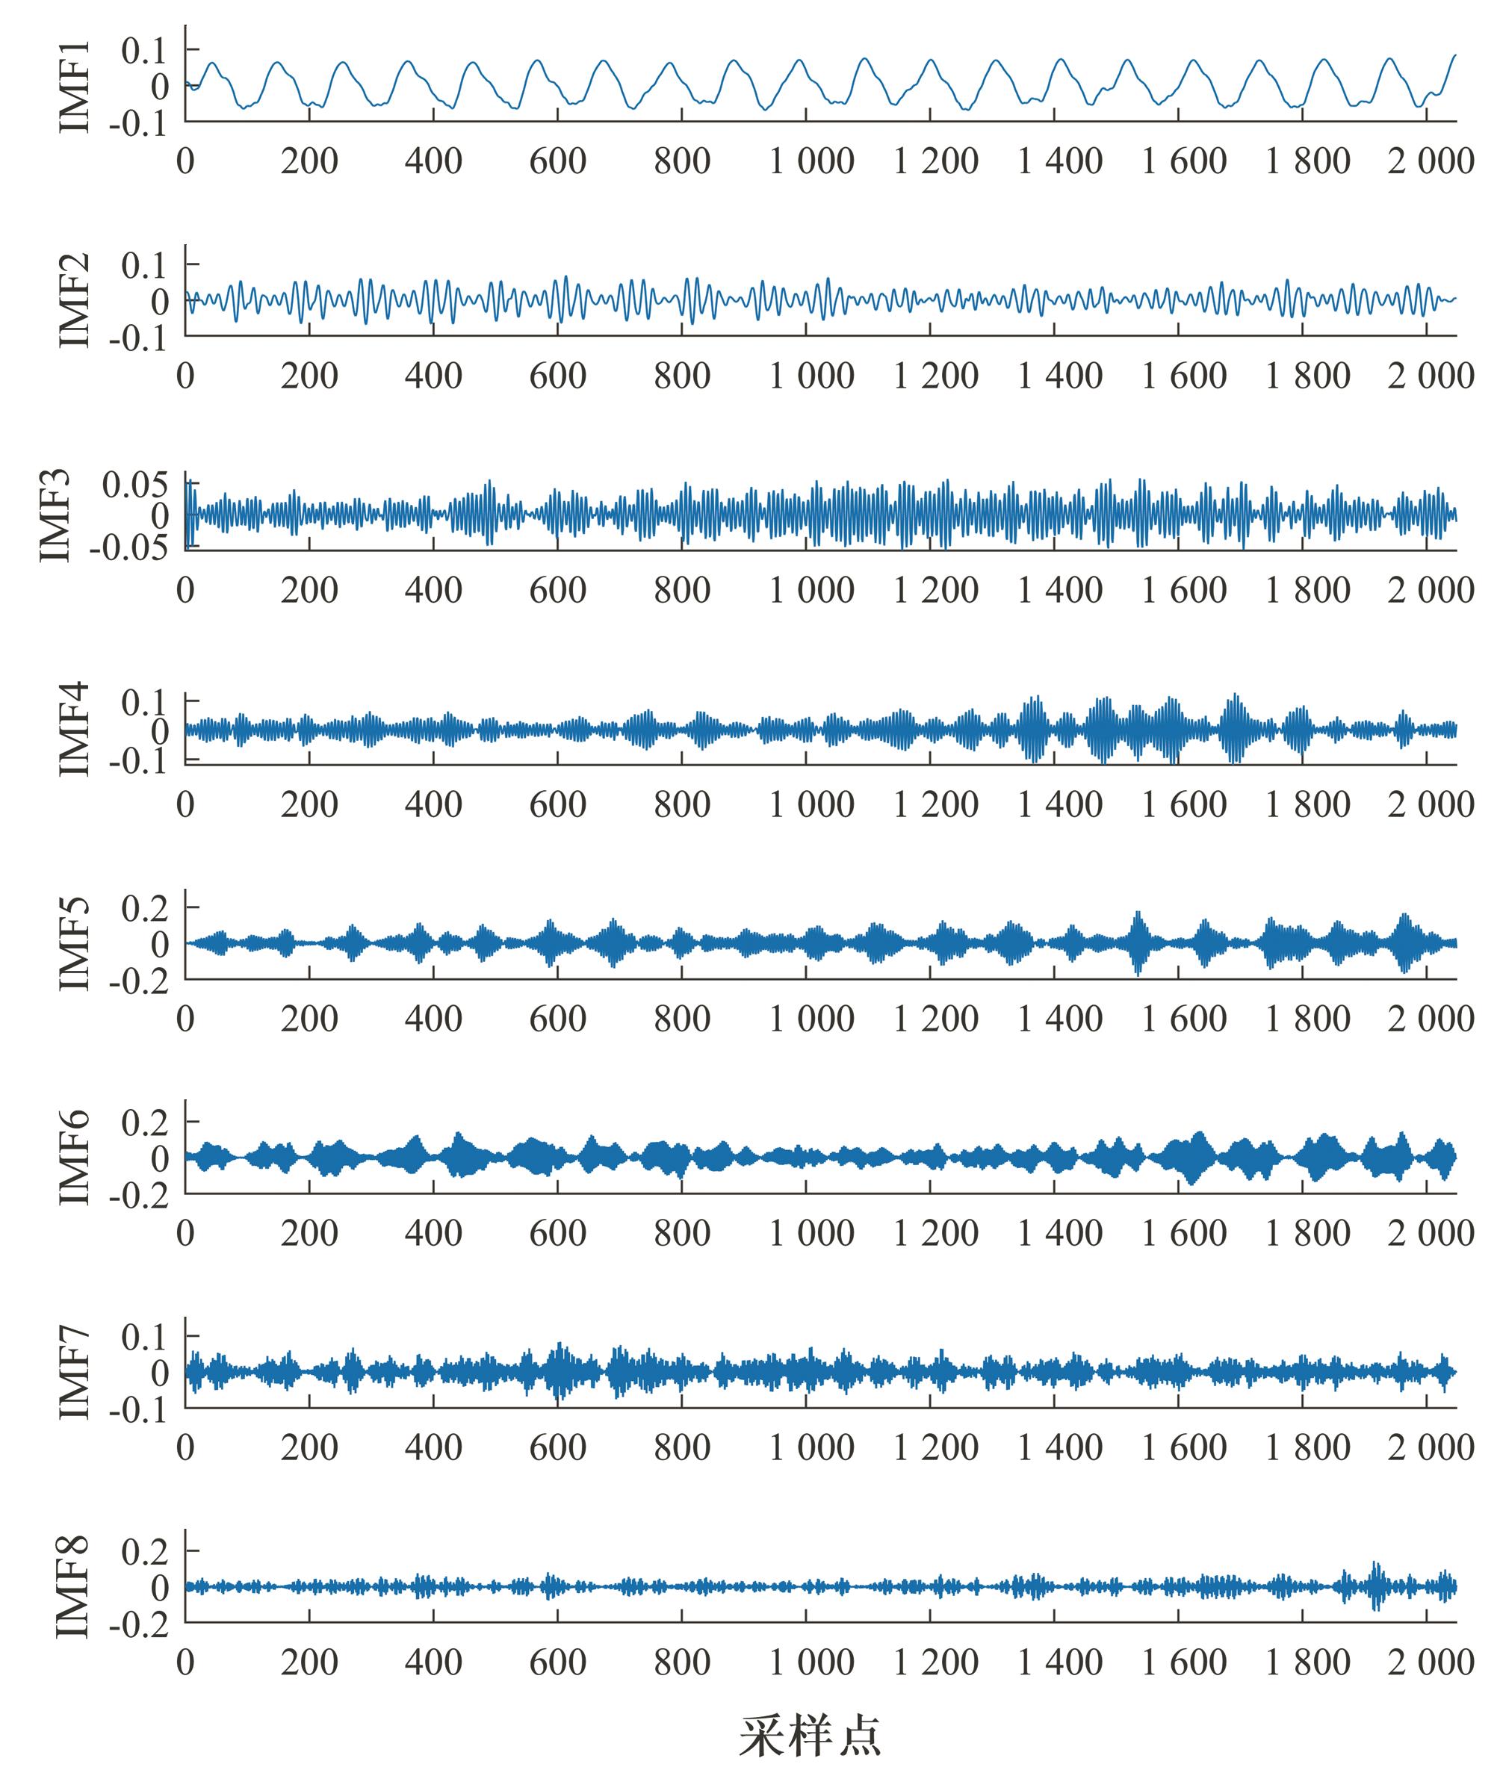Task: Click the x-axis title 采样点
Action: pos(809,1735)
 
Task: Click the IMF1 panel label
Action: pos(75,85)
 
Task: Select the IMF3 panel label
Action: pos(56,515)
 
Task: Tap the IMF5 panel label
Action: pos(75,943)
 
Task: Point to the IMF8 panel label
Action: pos(75,1586)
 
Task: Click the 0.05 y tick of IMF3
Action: pos(136,485)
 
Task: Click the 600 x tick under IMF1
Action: pos(558,161)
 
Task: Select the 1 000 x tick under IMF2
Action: pos(811,376)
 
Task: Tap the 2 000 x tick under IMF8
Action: pos(1431,1662)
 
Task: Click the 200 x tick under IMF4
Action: pos(309,804)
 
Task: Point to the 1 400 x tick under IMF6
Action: pos(1059,1232)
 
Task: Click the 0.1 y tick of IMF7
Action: pos(146,1337)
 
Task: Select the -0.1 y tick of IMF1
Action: pos(139,124)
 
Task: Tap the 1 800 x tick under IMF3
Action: pos(1308,590)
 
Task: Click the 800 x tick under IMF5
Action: pos(682,1018)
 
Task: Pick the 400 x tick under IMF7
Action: pos(434,1447)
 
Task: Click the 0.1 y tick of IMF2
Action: pos(146,266)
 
